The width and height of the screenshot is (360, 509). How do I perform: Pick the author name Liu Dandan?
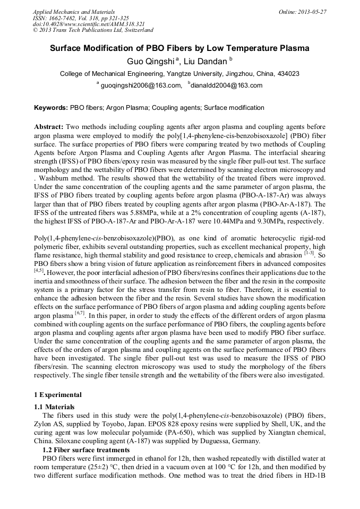(x=205, y=62)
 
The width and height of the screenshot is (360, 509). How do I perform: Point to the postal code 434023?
(x=287, y=74)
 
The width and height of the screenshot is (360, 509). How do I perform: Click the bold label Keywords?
(x=51, y=108)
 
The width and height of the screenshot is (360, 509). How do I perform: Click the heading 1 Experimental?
(x=58, y=394)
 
